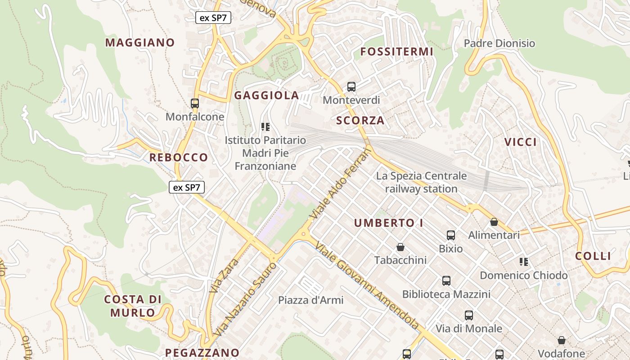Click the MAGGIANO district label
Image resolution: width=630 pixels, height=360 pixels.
139,43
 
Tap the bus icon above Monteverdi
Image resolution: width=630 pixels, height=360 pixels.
351,87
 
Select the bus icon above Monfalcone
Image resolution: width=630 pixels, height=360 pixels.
195,103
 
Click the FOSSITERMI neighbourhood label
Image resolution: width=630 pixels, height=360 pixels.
397,52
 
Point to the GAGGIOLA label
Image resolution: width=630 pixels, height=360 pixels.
266,95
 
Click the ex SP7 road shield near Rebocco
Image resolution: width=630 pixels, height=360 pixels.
187,187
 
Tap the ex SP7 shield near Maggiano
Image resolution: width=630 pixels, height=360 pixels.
213,18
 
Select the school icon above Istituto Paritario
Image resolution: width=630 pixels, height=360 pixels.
265,127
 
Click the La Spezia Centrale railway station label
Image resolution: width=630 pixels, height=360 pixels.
421,182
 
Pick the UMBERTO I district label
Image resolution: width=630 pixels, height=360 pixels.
384,223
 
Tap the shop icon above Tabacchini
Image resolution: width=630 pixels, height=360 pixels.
400,247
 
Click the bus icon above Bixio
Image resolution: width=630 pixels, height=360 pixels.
450,235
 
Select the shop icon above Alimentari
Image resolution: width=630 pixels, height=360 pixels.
494,222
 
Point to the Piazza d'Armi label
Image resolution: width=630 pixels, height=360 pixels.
310,300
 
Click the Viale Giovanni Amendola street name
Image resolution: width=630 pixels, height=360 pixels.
367,285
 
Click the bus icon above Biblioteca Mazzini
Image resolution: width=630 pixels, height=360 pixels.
446,281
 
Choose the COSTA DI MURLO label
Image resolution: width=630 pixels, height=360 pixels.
133,306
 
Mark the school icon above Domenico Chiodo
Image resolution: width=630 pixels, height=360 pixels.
523,261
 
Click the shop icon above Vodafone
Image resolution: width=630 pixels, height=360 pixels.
561,340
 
